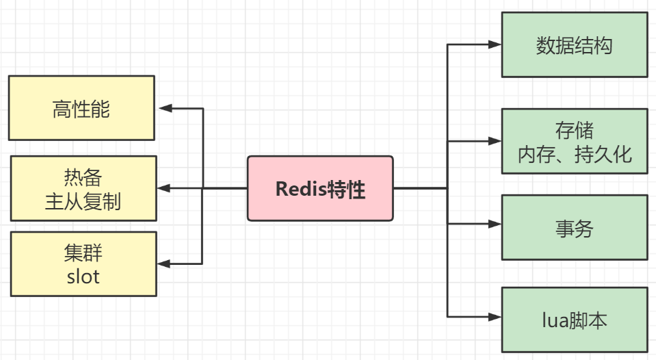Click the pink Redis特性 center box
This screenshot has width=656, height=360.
(320, 188)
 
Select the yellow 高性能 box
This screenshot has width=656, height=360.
(81, 108)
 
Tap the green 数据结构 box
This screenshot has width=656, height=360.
(575, 44)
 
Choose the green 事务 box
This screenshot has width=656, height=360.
(575, 228)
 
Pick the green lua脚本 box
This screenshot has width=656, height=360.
(575, 320)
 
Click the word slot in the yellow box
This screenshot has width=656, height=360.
(83, 277)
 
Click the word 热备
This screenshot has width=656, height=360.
(83, 178)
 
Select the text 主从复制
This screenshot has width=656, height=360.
(83, 201)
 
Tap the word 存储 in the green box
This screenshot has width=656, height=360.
(575, 130)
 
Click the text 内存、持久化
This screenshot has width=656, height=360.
(575, 153)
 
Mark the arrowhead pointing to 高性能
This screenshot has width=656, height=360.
(165, 108)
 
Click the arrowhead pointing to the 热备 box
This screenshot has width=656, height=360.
(165, 188)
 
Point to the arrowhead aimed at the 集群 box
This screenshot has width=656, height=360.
(165, 263)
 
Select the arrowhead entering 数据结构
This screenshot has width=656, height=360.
(495, 44)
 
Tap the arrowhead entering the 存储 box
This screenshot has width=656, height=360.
(495, 142)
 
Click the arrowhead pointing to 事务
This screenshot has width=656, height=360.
(495, 224)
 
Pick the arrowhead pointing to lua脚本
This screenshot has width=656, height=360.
(495, 317)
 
